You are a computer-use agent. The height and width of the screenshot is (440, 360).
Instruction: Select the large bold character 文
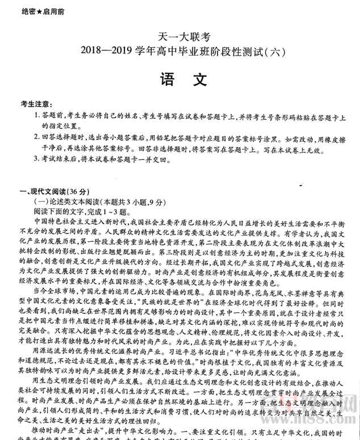200,81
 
